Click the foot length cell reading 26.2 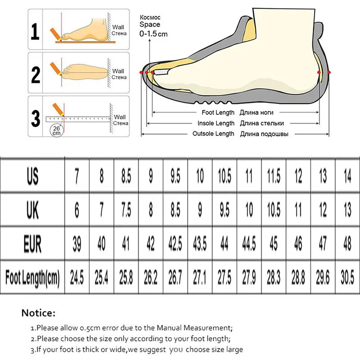click(x=151, y=277)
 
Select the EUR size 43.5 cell click(x=200, y=243)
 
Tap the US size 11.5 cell click(x=274, y=176)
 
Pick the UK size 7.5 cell click(x=126, y=210)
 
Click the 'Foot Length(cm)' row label click(x=32, y=278)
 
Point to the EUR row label click(x=32, y=244)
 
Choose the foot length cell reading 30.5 click(x=347, y=277)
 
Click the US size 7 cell click(x=77, y=176)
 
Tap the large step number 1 click(x=35, y=31)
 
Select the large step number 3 click(x=36, y=118)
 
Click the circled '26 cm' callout click(x=57, y=130)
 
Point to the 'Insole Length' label click(x=216, y=123)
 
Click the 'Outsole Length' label click(x=213, y=134)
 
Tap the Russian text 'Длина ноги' click(x=256, y=112)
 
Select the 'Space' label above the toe click(x=150, y=24)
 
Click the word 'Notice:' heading click(x=38, y=313)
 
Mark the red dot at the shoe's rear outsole click(x=329, y=72)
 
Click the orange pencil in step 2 click(x=55, y=68)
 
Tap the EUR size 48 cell click(x=347, y=243)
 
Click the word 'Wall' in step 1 click(x=118, y=27)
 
